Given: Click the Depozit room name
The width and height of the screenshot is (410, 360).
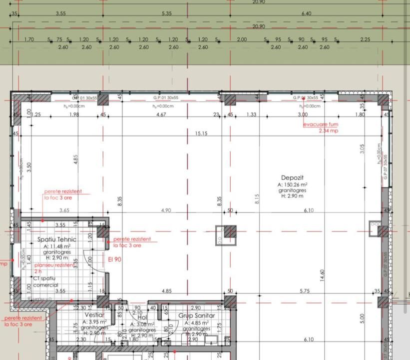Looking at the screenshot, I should click(x=292, y=178).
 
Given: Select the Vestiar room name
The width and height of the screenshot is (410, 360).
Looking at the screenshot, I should click(x=94, y=315).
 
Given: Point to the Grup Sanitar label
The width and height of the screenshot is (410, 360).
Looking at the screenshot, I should click(x=196, y=315).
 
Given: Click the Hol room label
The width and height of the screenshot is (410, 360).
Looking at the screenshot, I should click(x=142, y=317).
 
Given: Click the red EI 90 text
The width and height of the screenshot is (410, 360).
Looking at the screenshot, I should click(x=114, y=259).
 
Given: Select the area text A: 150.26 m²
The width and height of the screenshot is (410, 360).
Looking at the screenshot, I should click(x=292, y=184).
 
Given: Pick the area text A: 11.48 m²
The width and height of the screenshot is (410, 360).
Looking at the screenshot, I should click(x=56, y=246).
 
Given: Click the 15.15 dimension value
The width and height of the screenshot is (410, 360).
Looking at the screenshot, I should click(x=201, y=133).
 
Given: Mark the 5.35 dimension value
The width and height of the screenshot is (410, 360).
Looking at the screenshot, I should click(x=167, y=13).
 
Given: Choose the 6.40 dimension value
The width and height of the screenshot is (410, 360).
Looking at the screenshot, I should click(x=306, y=13).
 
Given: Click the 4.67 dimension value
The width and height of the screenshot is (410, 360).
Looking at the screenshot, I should click(x=161, y=115).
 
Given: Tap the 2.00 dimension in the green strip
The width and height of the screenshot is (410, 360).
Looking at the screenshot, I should click(x=242, y=39).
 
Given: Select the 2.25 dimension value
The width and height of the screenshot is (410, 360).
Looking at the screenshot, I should click(x=365, y=39).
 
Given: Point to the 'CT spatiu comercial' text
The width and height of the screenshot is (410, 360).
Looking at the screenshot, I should click(x=46, y=281).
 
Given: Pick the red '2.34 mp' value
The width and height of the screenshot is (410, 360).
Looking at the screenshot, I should click(x=329, y=131).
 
